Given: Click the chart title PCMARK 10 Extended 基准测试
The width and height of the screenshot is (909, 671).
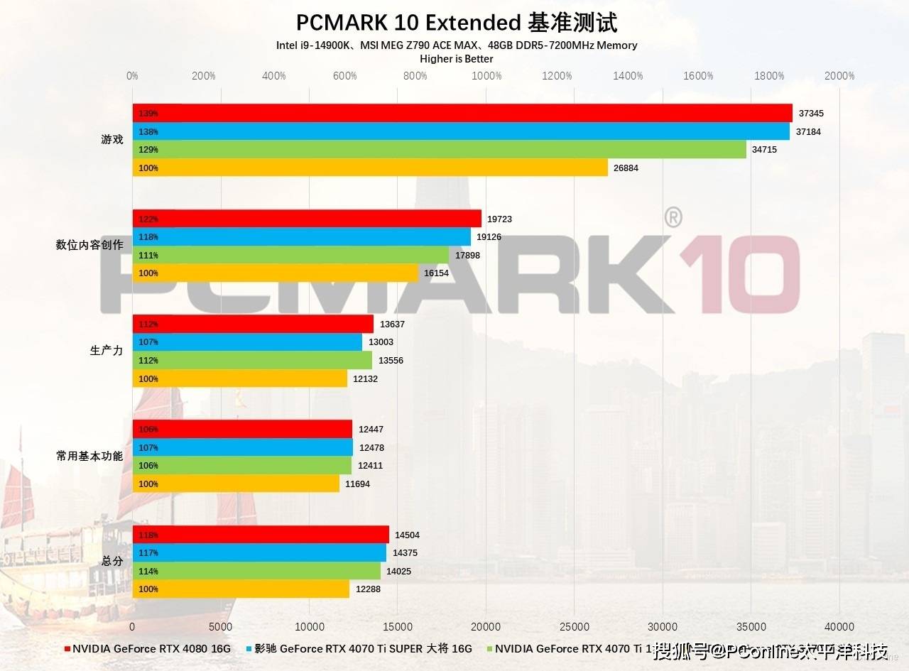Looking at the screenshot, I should pyautogui.click(x=456, y=23).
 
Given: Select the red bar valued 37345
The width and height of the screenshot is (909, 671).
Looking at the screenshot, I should pyautogui.click(x=462, y=114).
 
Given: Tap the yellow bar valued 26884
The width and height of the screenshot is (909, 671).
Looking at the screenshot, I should pyautogui.click(x=369, y=168).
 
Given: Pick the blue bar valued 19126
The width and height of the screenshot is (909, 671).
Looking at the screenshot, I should pyautogui.click(x=301, y=237).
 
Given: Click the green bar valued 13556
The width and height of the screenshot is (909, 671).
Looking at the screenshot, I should pyautogui.click(x=252, y=361).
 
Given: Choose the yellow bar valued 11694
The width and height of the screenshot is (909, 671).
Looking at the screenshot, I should pyautogui.click(x=236, y=484).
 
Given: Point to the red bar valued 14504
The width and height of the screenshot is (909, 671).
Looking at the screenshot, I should pyautogui.click(x=261, y=535).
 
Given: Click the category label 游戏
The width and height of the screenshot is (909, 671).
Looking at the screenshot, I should pyautogui.click(x=112, y=140).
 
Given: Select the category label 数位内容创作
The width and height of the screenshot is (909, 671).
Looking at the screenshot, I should pyautogui.click(x=89, y=245).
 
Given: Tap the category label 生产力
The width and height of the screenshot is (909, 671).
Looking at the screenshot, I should pyautogui.click(x=107, y=351).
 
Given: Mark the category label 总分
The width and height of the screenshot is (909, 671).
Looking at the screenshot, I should pyautogui.click(x=112, y=561).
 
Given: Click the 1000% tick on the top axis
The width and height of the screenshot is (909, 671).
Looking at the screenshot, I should pyautogui.click(x=486, y=76).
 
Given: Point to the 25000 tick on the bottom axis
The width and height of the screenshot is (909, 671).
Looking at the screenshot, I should pyautogui.click(x=575, y=627).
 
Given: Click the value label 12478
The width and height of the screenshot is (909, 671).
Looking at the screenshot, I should pyautogui.click(x=373, y=448).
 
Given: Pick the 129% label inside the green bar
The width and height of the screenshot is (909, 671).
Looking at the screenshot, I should pyautogui.click(x=148, y=150).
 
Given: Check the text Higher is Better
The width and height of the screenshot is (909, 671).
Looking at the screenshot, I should pyautogui.click(x=457, y=59).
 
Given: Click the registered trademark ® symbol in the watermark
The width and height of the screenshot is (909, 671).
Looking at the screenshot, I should pyautogui.click(x=673, y=217).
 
